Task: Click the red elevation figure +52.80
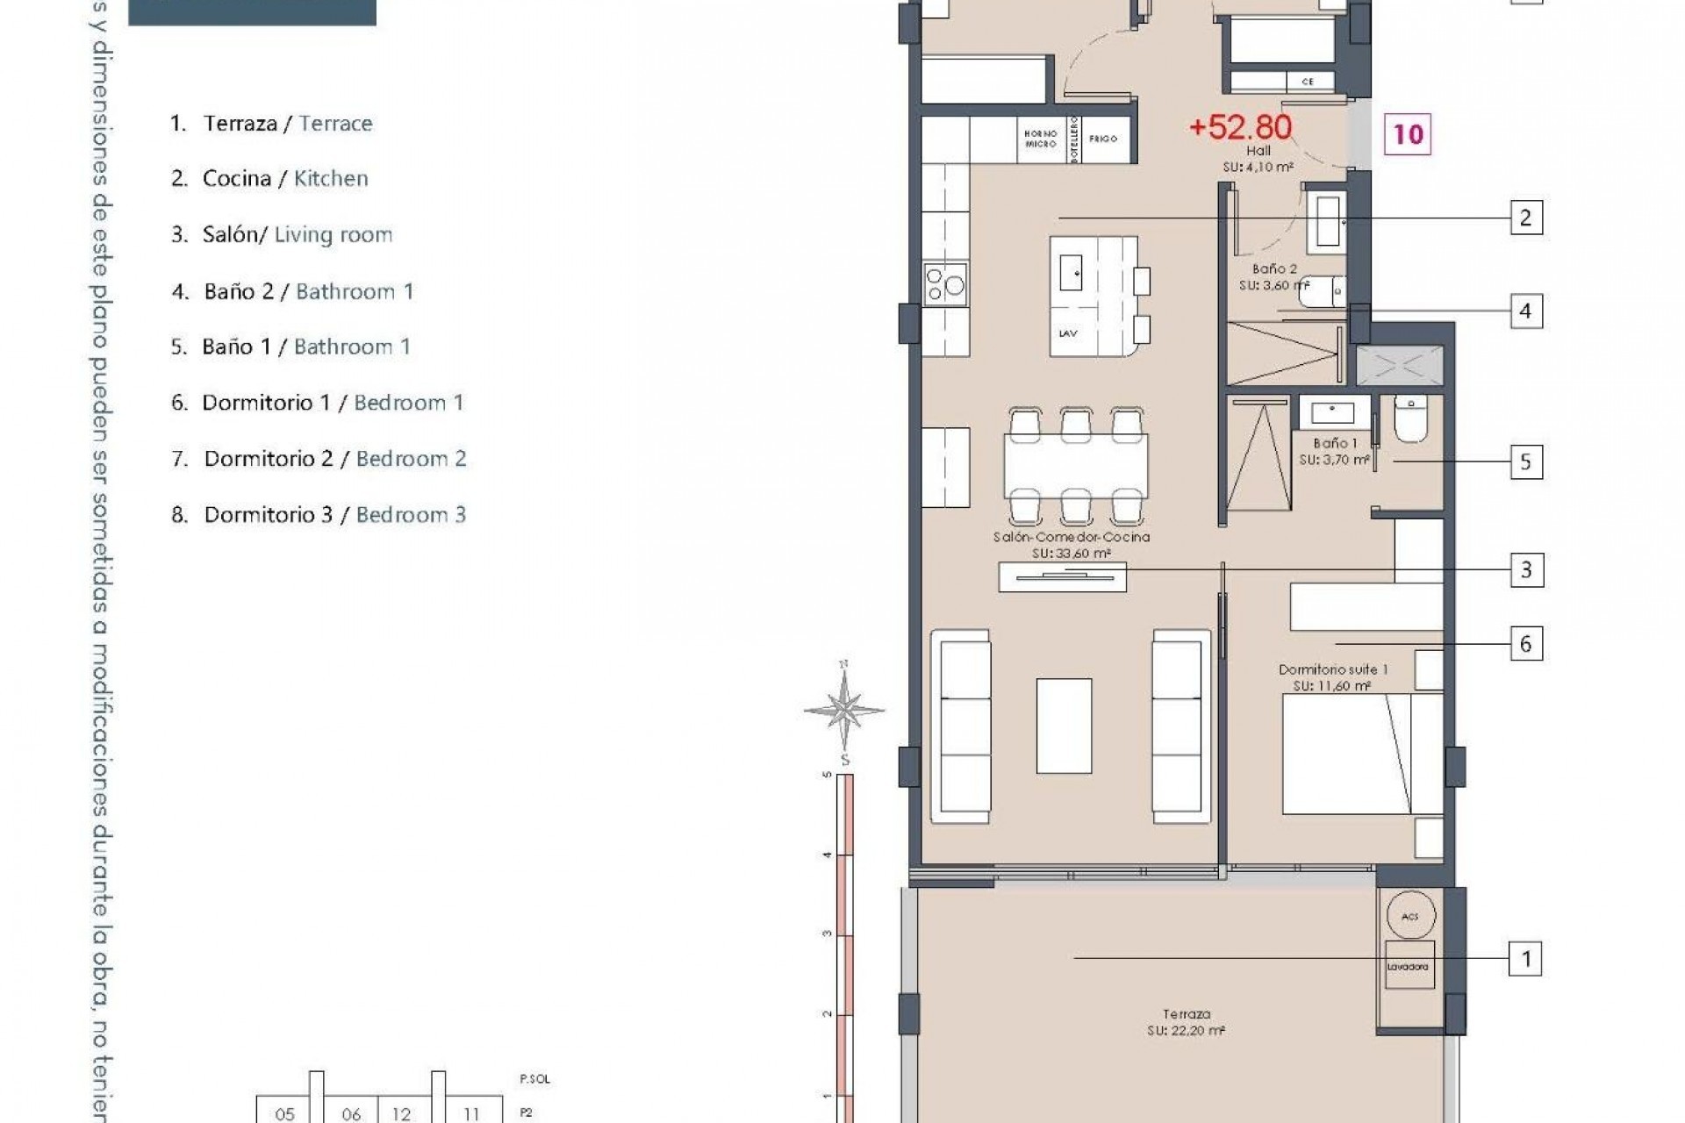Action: coord(1239,127)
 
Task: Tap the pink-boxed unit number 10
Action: coord(1408,134)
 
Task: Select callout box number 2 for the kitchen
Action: coord(1525,218)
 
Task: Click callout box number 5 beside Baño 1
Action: coord(1525,461)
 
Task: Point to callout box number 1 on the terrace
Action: coord(1525,959)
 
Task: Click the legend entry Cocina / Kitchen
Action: coord(269,179)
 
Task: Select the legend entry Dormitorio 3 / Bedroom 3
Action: coord(319,515)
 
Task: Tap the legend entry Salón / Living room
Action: coord(282,235)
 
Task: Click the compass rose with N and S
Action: coord(843,709)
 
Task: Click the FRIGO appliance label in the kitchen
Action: coord(1103,139)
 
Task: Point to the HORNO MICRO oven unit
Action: coord(1041,139)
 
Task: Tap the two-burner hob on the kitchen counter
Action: coord(945,284)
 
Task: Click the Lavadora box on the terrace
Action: coord(1409,965)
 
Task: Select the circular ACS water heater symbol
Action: coord(1410,916)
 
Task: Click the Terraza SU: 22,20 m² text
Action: coord(1186,1022)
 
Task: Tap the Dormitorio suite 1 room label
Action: coord(1332,677)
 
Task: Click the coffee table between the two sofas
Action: coord(1064,726)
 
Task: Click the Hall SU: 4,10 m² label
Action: coord(1258,158)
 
